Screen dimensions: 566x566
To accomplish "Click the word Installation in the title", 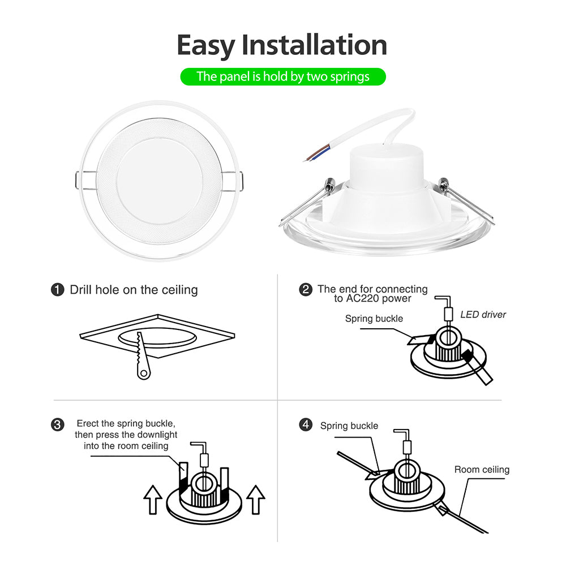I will pos(315,45).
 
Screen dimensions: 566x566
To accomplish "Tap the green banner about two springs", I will pos(283,76).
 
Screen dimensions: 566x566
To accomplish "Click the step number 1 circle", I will pos(57,290).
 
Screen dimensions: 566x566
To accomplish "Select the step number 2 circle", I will pos(306,290).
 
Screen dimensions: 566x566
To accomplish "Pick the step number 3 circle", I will pos(57,424).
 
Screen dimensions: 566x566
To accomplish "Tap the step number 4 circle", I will pos(306,424).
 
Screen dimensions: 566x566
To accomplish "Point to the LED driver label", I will pos(483,314).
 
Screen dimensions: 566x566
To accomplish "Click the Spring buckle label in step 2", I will pos(374,319).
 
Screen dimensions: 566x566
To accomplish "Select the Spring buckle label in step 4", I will pos(349,426).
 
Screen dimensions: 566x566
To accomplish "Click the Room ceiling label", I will pos(482,470).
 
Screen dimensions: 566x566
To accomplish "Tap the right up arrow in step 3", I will pos(256,499).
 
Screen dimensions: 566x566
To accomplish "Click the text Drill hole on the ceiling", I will pos(134,290).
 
